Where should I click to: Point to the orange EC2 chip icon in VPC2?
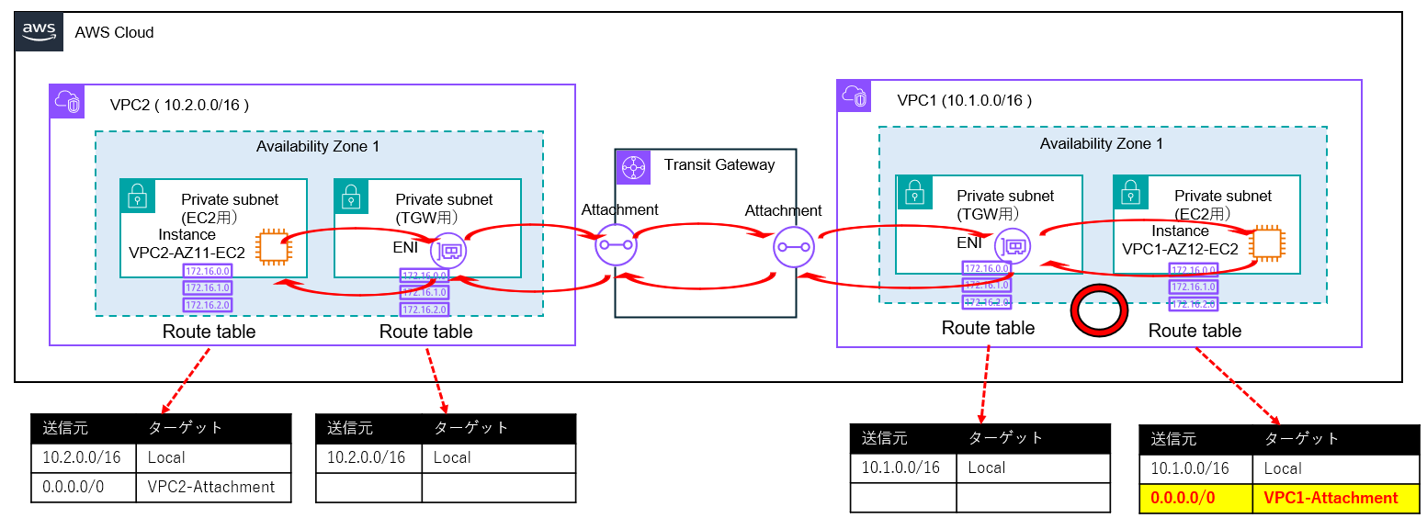pos(271,246)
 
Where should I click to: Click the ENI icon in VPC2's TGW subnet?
pos(450,248)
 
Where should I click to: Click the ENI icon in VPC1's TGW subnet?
pos(1014,245)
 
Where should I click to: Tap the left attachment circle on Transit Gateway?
pos(616,245)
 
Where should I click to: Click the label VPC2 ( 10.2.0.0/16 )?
pos(179,105)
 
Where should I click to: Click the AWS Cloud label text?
pos(114,33)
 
